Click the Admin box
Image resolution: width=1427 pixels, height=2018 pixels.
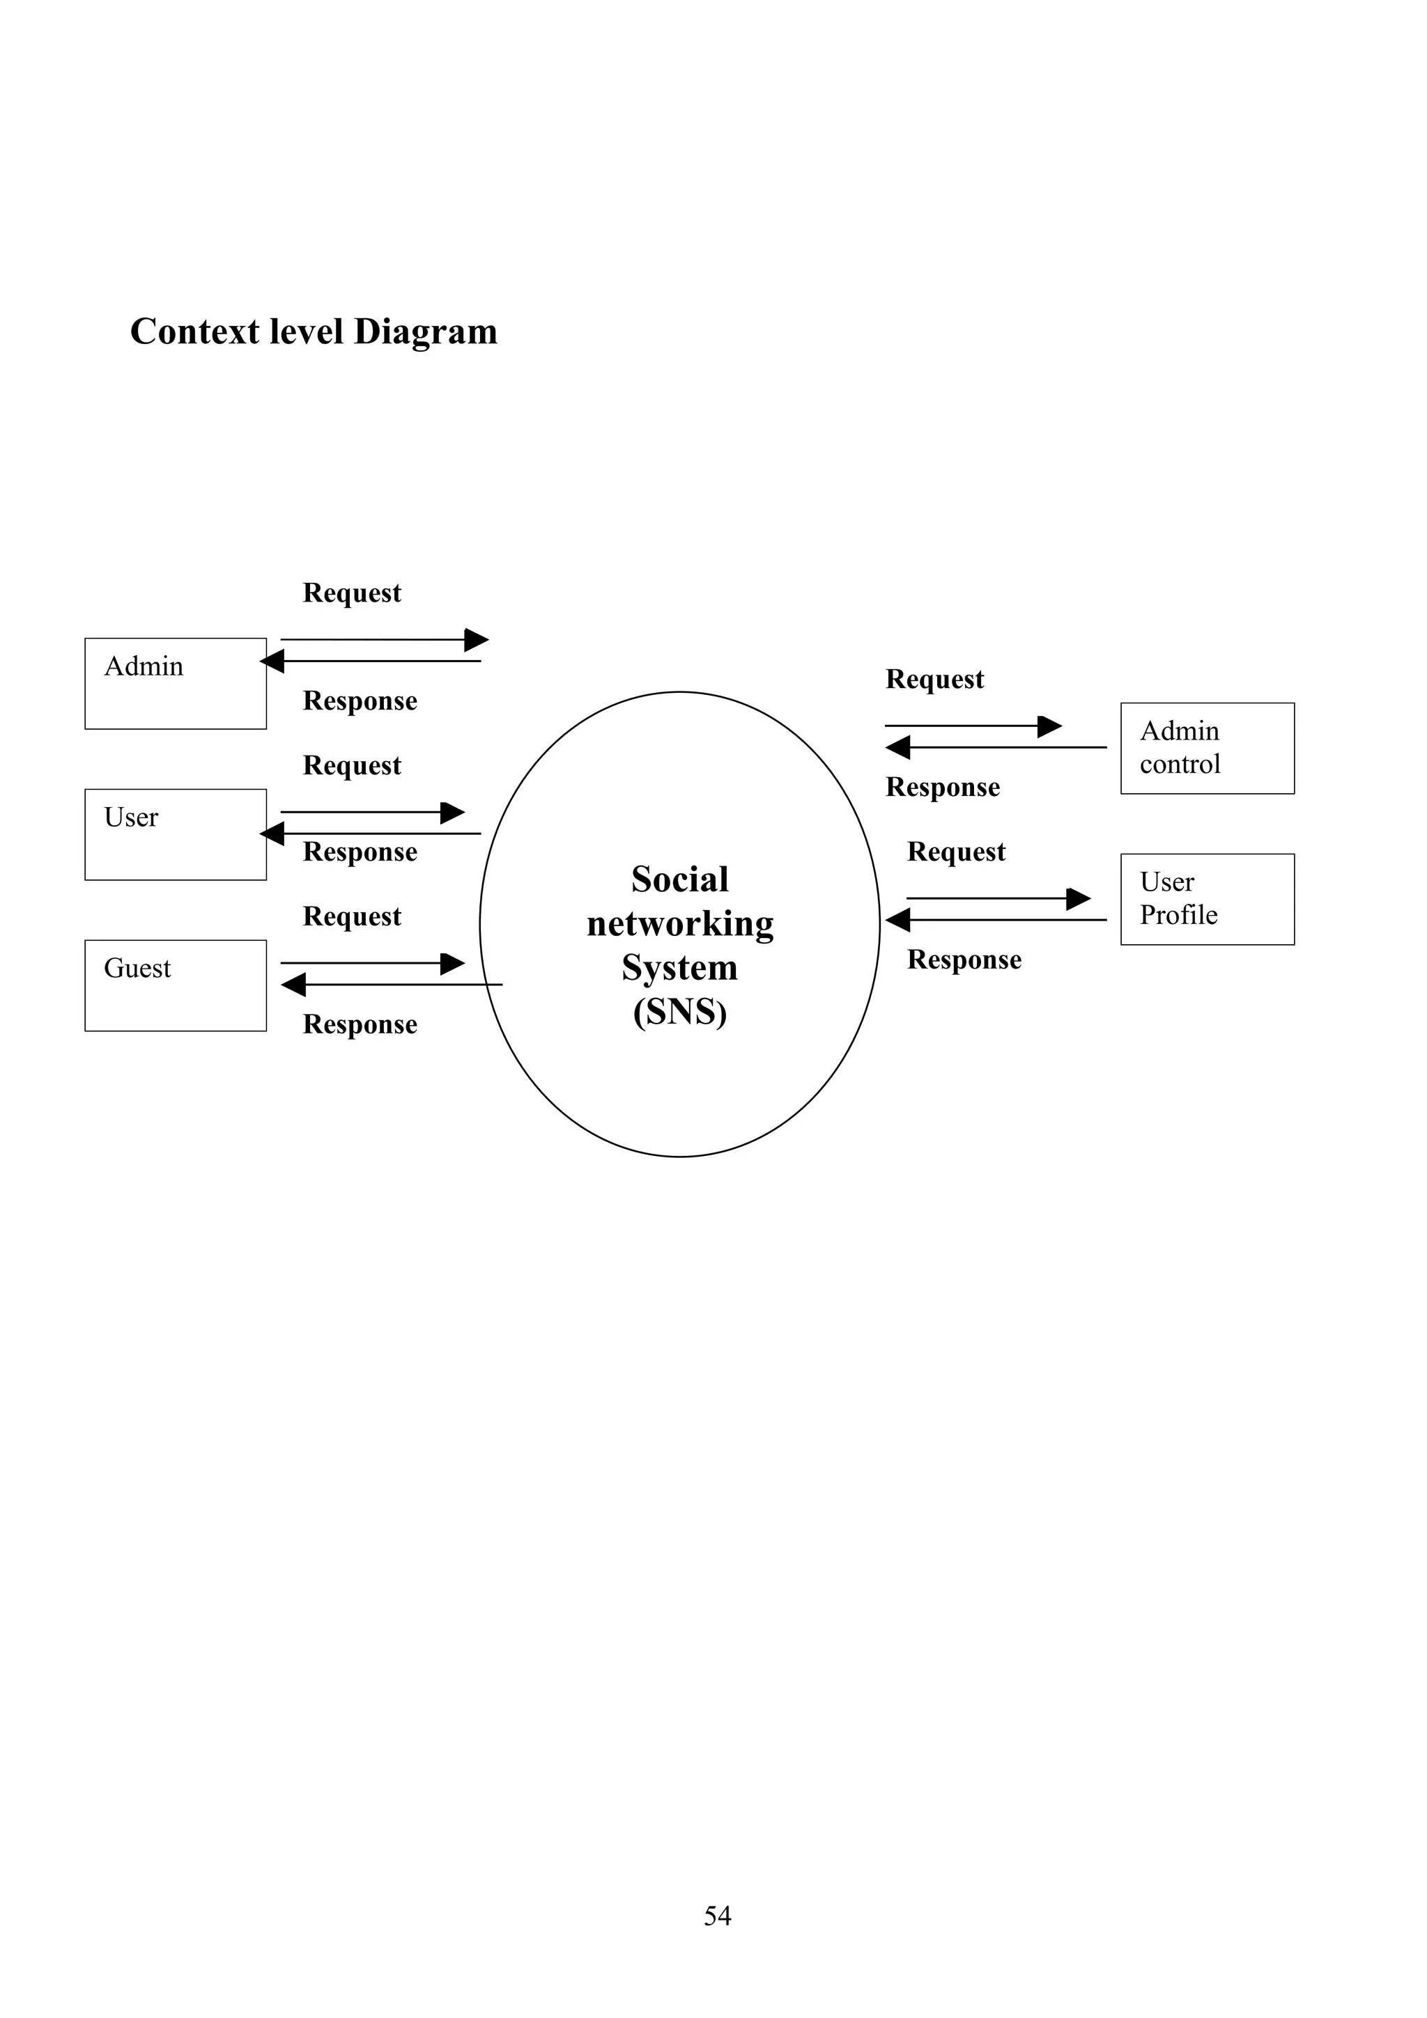click(175, 683)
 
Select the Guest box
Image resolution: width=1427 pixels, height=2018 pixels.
click(175, 985)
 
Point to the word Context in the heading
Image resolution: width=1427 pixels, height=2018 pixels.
click(194, 332)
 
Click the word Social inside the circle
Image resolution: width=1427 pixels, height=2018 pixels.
click(679, 879)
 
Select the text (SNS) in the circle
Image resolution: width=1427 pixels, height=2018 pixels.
click(679, 1012)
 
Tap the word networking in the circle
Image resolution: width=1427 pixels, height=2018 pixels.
click(679, 924)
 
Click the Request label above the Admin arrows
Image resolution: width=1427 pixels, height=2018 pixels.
click(352, 593)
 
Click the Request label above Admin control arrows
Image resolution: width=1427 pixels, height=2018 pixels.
click(934, 680)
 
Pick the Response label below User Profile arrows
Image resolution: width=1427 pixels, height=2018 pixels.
click(964, 960)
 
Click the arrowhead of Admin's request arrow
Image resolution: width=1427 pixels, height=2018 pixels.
click(477, 640)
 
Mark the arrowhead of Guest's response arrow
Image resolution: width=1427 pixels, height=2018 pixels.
click(293, 985)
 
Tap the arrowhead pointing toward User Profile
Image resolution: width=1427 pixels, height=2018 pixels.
click(1079, 899)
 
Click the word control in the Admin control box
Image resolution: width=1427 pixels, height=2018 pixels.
click(1179, 765)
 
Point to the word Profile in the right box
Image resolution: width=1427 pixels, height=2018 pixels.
click(1178, 916)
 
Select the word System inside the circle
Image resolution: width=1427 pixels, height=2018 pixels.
click(679, 968)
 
